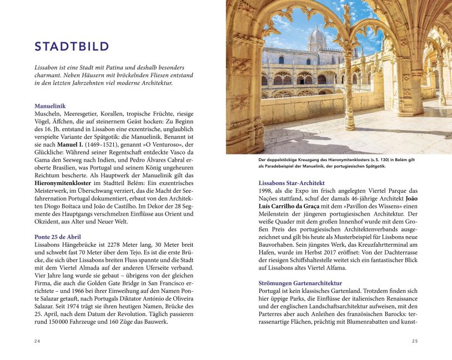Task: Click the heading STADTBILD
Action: (72, 46)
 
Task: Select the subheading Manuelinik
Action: (50, 106)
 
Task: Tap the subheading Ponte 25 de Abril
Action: (58, 237)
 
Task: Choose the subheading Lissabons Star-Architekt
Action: (292, 183)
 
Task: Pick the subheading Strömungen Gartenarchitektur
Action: (300, 283)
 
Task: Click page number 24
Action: (37, 341)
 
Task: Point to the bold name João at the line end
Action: (411, 198)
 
